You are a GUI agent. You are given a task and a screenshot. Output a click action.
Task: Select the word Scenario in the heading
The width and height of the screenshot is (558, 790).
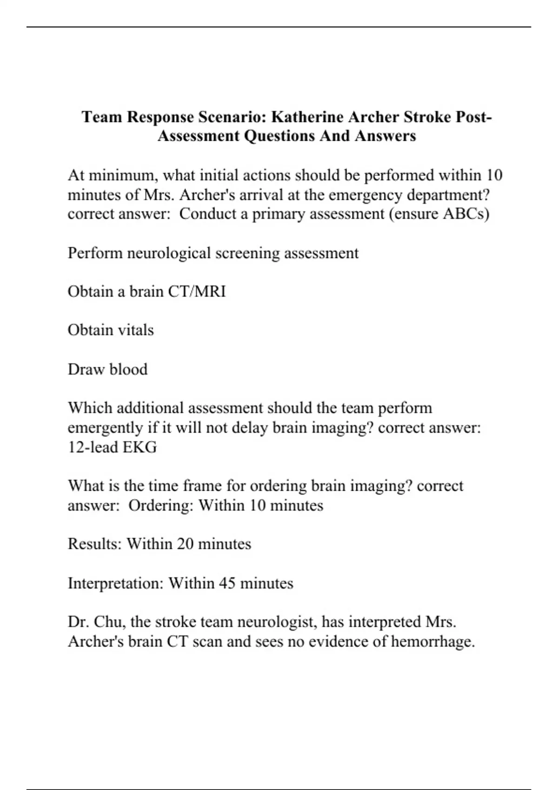click(x=232, y=116)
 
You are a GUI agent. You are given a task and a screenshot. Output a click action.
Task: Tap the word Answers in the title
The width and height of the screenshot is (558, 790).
click(x=385, y=136)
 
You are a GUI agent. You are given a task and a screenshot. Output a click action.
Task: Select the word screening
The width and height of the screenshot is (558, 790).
click(x=247, y=253)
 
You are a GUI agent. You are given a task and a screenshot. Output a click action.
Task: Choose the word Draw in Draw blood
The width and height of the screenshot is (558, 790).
click(x=86, y=369)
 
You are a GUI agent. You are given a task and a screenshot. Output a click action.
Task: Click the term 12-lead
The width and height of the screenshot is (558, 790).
click(x=93, y=447)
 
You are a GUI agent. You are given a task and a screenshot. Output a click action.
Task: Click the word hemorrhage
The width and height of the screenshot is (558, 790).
click(x=432, y=642)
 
